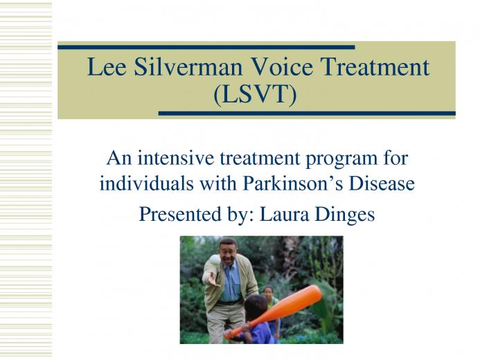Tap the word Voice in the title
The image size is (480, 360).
tap(281, 66)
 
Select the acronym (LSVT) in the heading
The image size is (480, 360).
tap(256, 94)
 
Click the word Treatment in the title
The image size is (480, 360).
tap(375, 66)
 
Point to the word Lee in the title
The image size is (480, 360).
tap(107, 66)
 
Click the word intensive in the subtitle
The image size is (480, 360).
tap(175, 158)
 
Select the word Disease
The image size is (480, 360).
tap(382, 184)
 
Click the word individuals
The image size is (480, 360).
tap(147, 184)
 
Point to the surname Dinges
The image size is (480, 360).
tap(345, 215)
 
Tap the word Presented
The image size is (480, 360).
tap(180, 214)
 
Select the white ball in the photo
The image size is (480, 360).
tap(215, 260)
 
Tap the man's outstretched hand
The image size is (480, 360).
tap(213, 280)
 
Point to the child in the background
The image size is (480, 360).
tap(272, 309)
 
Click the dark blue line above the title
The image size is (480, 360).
tap(206, 47)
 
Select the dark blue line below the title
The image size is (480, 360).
tap(307, 114)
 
